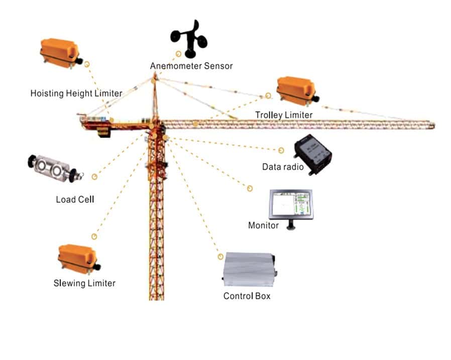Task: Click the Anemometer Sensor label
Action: point(191,66)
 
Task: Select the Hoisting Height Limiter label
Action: point(76,93)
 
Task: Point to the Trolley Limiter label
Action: point(284,115)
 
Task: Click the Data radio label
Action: point(283,167)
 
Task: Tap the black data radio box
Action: point(313,155)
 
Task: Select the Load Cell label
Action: point(75,199)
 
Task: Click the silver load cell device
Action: point(55,169)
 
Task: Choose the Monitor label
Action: point(264,225)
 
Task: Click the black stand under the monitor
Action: point(291,225)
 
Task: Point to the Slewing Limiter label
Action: point(84,283)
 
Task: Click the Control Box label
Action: point(247,296)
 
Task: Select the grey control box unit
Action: point(250,270)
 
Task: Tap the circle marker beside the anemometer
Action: point(178,54)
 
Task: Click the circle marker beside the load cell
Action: point(94,177)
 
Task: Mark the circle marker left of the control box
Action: point(220,257)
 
